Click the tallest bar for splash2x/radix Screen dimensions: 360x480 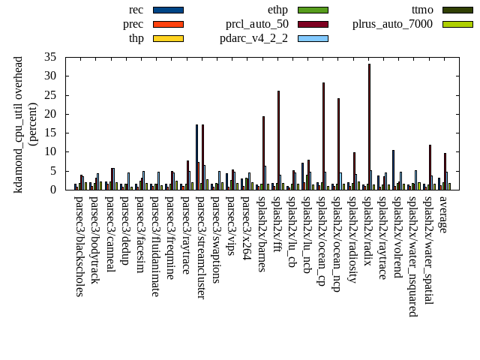pyautogui.click(x=369, y=127)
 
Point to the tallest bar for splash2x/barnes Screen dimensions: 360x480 pyautogui.click(x=263, y=153)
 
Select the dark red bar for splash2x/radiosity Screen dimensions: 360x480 pyautogui.click(x=354, y=171)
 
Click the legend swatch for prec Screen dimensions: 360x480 pyautogui.click(x=167, y=24)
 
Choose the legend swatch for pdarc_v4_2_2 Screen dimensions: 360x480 pyautogui.click(x=313, y=37)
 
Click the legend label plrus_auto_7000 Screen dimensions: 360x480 pyautogui.click(x=392, y=24)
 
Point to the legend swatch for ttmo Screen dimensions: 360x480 pyautogui.click(x=457, y=10)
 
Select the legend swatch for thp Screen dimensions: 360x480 pyautogui.click(x=167, y=37)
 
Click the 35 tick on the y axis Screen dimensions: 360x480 pyautogui.click(x=61, y=57)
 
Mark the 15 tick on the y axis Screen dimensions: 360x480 pyautogui.click(x=61, y=133)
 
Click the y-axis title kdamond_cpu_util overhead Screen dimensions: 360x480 pyautogui.click(x=19, y=123)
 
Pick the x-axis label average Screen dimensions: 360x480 pyautogui.click(x=443, y=214)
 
